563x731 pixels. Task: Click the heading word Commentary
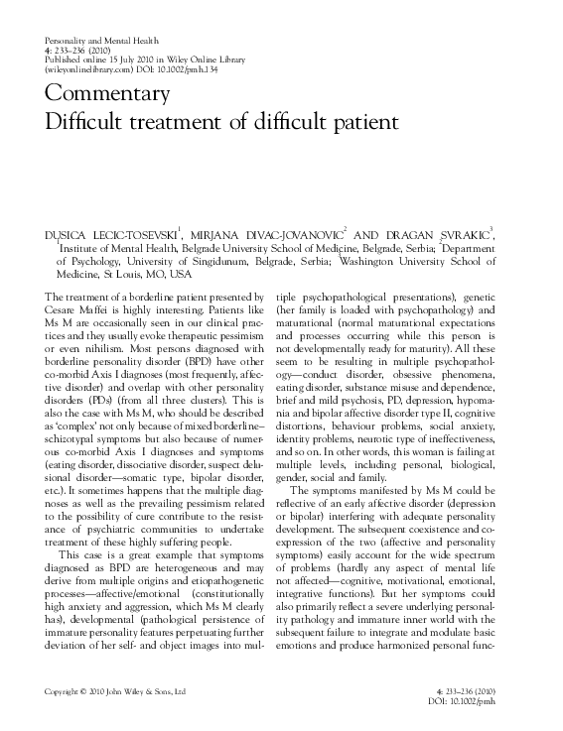pyautogui.click(x=109, y=95)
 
